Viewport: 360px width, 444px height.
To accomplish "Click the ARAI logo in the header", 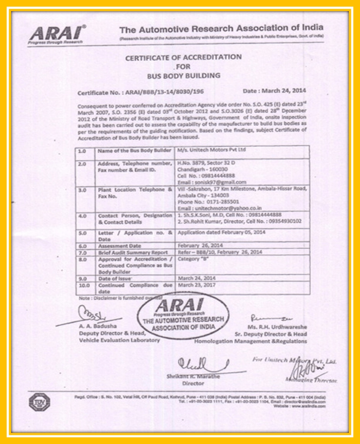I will coord(56,35).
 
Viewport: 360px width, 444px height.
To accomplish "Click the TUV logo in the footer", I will coord(39,402).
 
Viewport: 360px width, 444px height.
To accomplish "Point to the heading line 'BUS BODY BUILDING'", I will coord(183,75).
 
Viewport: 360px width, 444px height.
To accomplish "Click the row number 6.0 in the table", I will coord(82,246).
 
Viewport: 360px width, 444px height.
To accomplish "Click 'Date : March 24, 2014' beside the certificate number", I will coord(274,90).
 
